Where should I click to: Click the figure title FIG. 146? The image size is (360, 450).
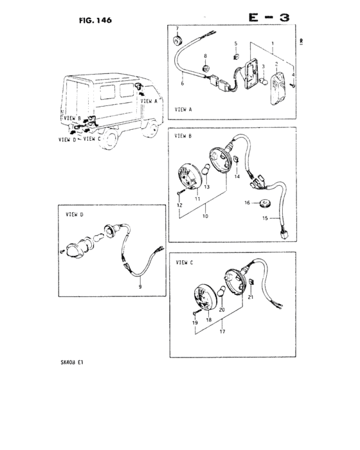[x=95, y=20]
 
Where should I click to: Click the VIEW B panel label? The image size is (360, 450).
[x=184, y=136]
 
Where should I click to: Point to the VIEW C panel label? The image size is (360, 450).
[x=184, y=262]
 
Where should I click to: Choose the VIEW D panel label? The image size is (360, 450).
[x=69, y=215]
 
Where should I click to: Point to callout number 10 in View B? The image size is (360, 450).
[x=206, y=217]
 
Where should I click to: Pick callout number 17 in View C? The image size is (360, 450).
[x=222, y=333]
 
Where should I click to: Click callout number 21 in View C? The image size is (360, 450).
[x=251, y=298]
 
